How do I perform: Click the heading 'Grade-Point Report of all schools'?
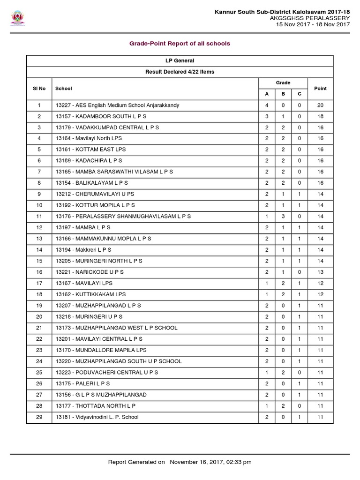click(x=180, y=44)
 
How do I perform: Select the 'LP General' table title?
click(x=180, y=60)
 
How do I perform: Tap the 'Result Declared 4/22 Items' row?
click(x=180, y=72)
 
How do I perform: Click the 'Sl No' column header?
click(x=39, y=88)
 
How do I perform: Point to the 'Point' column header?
click(x=320, y=88)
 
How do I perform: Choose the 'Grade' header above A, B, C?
click(x=283, y=82)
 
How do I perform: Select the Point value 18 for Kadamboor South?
click(x=320, y=116)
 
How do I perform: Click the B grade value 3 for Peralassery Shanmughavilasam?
click(x=283, y=216)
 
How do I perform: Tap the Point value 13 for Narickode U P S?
click(x=320, y=272)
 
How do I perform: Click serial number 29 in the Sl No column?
click(x=39, y=417)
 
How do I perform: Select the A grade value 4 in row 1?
click(x=267, y=105)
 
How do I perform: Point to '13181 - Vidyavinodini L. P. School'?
click(x=97, y=417)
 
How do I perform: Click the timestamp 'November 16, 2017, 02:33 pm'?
click(x=210, y=462)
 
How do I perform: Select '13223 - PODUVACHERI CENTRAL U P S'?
click(x=107, y=372)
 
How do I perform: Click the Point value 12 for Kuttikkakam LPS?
click(x=320, y=294)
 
